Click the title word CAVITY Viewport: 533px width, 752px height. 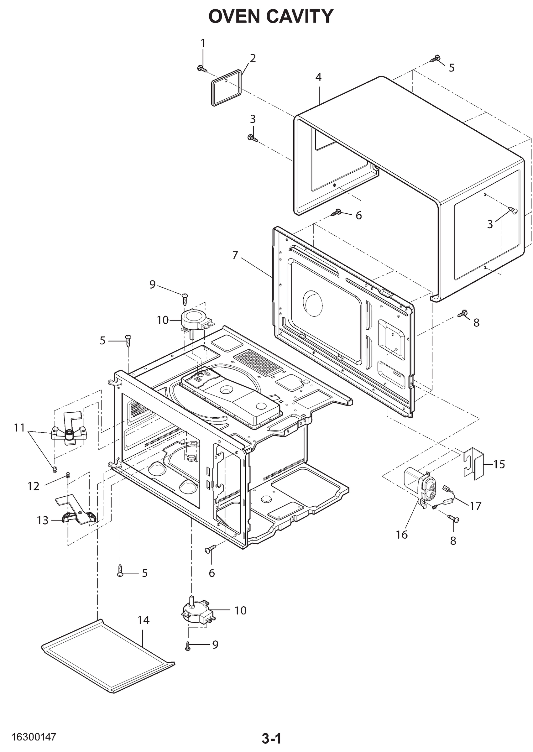[300, 16]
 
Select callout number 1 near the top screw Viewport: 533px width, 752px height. [202, 43]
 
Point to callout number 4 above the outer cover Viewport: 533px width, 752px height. [318, 77]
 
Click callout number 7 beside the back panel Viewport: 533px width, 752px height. [235, 255]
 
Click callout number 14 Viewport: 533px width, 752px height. [144, 620]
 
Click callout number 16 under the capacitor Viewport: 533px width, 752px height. [402, 535]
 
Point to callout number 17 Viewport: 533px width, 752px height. [476, 506]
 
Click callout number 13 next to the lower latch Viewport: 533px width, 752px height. [43, 520]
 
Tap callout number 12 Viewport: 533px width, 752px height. [34, 486]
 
